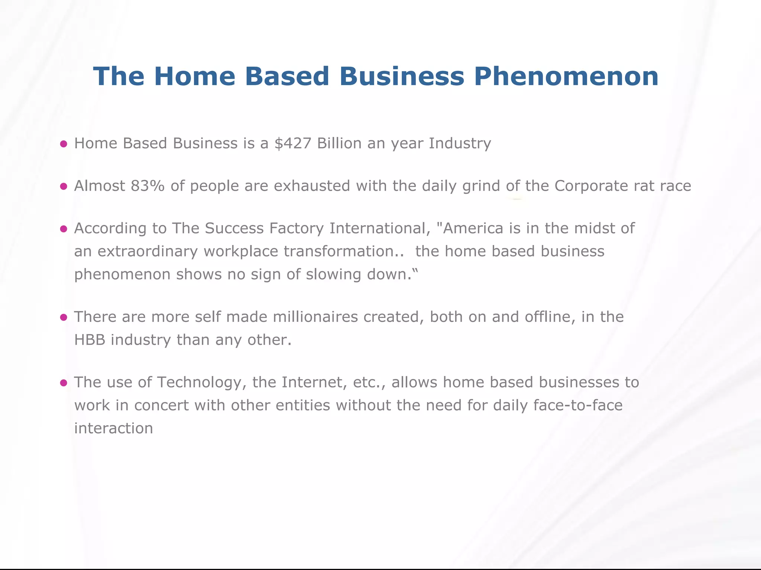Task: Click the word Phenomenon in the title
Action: coord(566,76)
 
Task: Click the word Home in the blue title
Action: coord(193,76)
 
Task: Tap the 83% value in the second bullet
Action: coord(148,186)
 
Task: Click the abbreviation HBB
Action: coord(90,340)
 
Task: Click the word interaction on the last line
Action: coord(114,428)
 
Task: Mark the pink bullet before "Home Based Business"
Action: coord(64,144)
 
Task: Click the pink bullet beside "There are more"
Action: coord(64,317)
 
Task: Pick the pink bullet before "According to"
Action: coord(64,229)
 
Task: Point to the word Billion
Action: coord(339,143)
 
